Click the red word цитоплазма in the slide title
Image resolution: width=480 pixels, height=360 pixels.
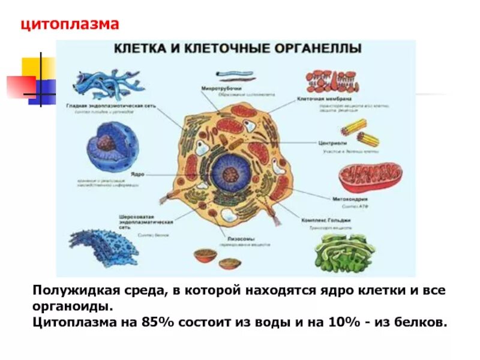pyautogui.click(x=71, y=25)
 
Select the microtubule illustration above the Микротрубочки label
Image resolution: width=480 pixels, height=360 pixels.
pyautogui.click(x=235, y=76)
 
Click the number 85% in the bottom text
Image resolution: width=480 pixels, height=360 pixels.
pyautogui.click(x=158, y=322)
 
